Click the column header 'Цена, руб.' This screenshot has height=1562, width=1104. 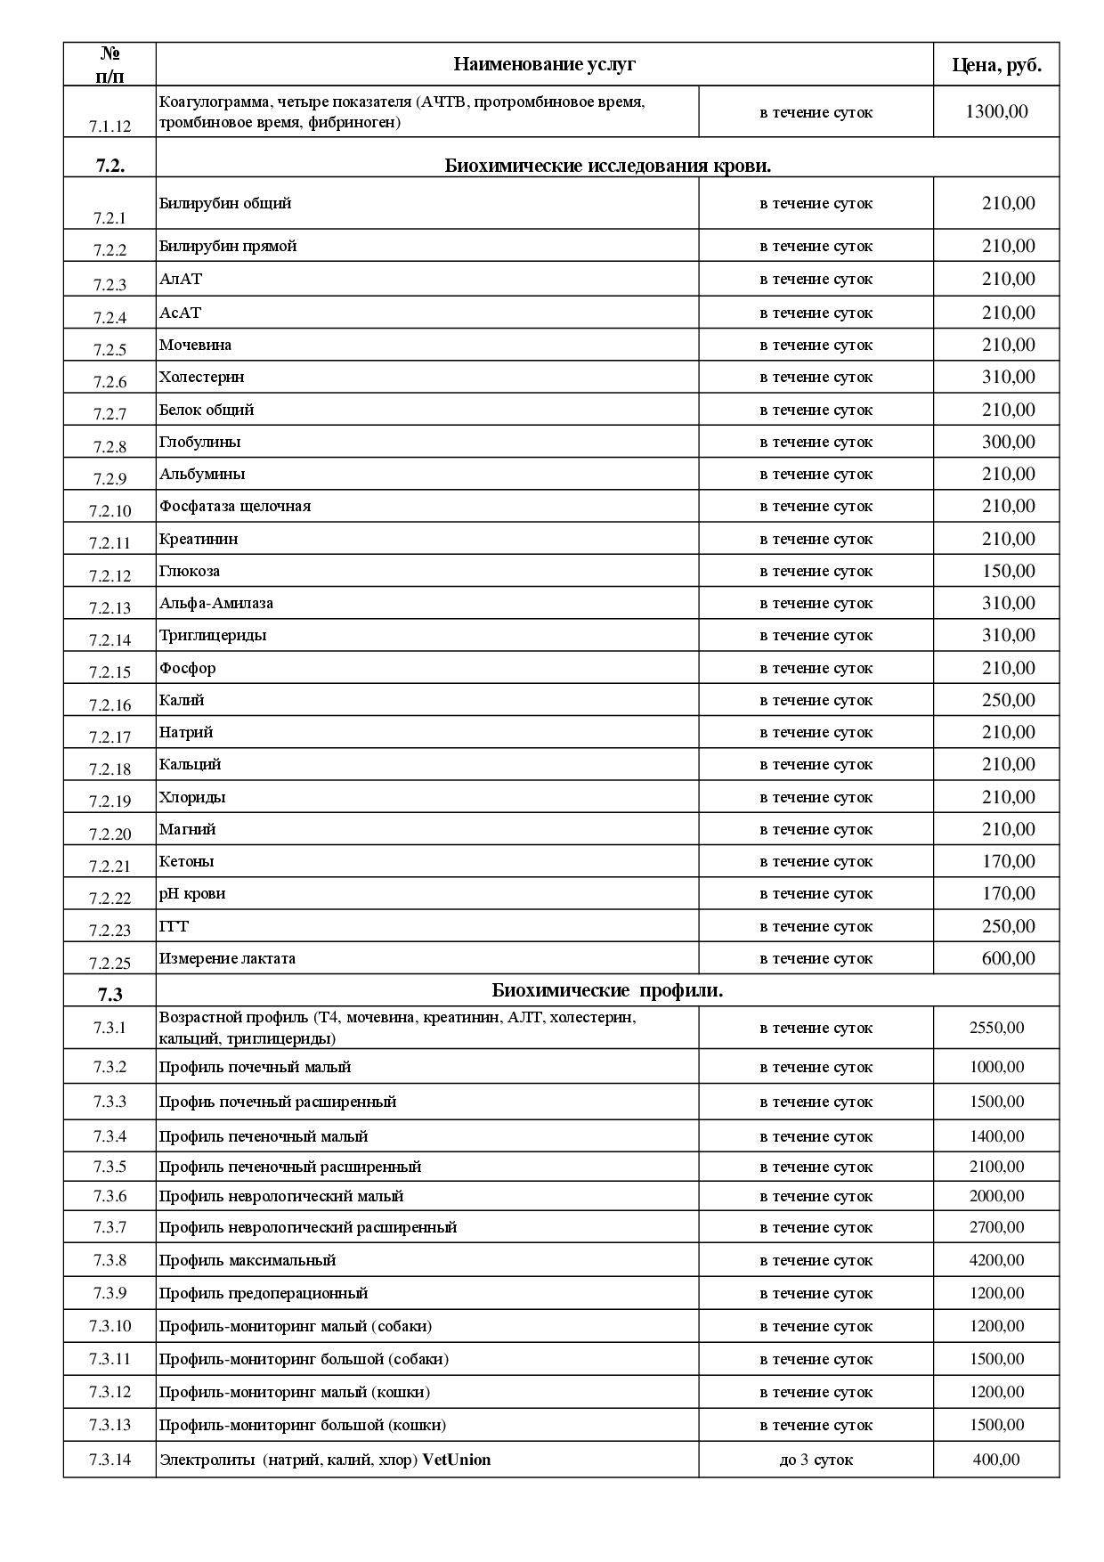(996, 65)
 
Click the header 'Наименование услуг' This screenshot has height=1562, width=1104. (544, 64)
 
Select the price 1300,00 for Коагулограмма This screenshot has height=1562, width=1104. (996, 112)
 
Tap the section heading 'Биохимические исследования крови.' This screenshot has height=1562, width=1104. (607, 166)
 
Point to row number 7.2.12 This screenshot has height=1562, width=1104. (110, 575)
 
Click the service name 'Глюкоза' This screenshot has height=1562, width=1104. (190, 571)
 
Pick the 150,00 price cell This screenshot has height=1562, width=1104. (1008, 571)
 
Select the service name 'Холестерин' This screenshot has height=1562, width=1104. (201, 377)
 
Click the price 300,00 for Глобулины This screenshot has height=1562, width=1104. (1008, 442)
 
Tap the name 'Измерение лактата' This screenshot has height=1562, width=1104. (227, 958)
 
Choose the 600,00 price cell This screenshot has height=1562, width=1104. (1008, 958)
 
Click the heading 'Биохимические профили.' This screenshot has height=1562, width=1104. (607, 990)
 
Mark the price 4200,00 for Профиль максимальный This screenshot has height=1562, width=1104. (996, 1260)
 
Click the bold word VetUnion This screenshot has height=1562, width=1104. (456, 1460)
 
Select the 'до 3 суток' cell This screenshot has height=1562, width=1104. (816, 1460)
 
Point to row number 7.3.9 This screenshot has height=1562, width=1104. (110, 1293)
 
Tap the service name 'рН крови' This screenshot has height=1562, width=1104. (192, 893)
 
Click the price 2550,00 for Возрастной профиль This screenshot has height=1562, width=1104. (996, 1028)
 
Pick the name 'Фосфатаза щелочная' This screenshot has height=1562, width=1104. (235, 506)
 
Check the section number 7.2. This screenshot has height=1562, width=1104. (110, 166)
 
